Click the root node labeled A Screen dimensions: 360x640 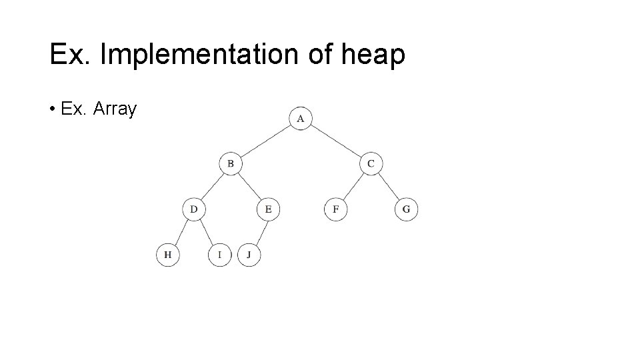click(x=301, y=119)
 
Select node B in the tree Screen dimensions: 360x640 click(x=231, y=163)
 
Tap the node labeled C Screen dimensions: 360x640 click(x=371, y=163)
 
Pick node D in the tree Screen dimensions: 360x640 click(x=194, y=209)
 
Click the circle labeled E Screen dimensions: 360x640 click(x=268, y=209)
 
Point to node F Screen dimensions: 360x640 click(x=336, y=209)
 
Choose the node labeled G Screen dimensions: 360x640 click(x=407, y=209)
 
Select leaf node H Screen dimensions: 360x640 click(x=168, y=255)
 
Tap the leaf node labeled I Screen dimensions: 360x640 click(x=219, y=255)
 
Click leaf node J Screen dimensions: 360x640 click(x=249, y=255)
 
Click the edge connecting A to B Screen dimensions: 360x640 click(x=265, y=141)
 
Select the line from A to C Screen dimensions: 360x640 click(x=335, y=141)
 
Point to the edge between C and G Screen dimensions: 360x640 click(x=389, y=187)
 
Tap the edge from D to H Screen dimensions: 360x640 click(x=181, y=232)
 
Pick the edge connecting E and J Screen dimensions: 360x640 click(x=259, y=232)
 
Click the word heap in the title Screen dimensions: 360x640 click(x=373, y=55)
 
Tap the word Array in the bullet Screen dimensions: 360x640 click(x=115, y=109)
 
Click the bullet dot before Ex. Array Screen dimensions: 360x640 click(x=52, y=109)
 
